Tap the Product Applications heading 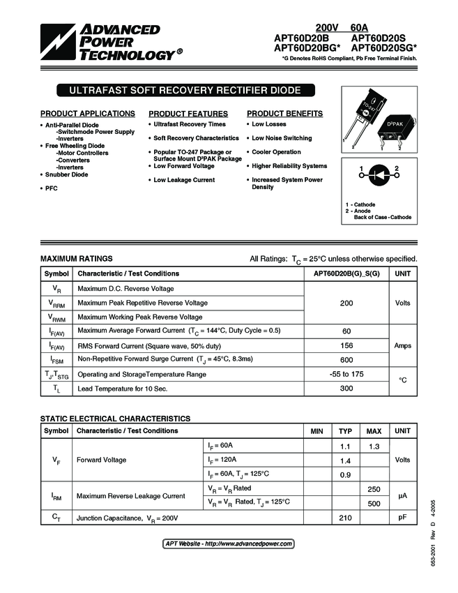88,114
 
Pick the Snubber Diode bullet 67,174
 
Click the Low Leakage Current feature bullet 184,180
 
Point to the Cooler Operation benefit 276,152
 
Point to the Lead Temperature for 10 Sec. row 122,389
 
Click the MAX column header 374,431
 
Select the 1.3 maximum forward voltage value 374,446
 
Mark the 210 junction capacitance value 345,518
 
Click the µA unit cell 402,495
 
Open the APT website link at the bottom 228,543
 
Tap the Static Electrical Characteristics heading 115,419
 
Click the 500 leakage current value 374,503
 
